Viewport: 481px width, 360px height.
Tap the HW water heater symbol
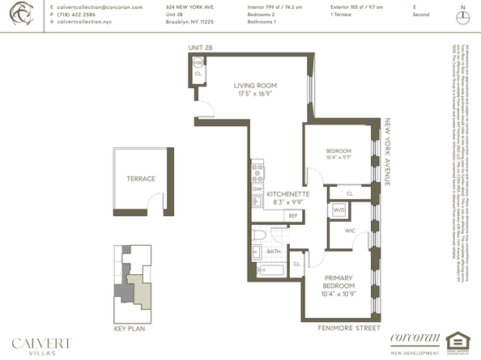[x=198, y=63]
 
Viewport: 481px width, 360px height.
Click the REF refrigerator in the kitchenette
[x=293, y=215]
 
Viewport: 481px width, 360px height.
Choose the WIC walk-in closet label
[x=350, y=231]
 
